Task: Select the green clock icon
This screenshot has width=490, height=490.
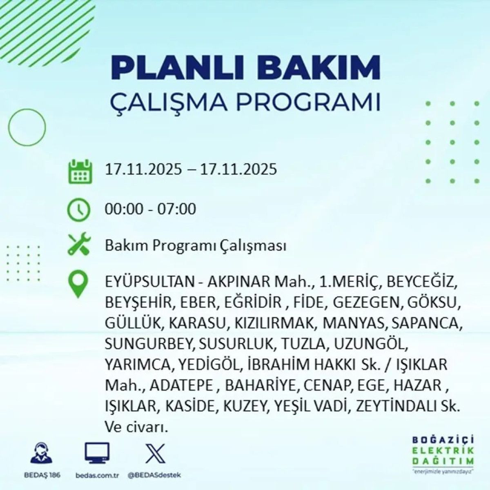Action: (78, 209)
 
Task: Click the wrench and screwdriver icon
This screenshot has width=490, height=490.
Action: (78, 245)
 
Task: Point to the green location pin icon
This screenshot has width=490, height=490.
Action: (78, 285)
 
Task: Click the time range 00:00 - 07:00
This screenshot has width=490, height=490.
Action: (150, 209)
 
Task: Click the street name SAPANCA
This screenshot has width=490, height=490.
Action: (426, 323)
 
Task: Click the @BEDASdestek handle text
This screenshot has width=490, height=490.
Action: (154, 475)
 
